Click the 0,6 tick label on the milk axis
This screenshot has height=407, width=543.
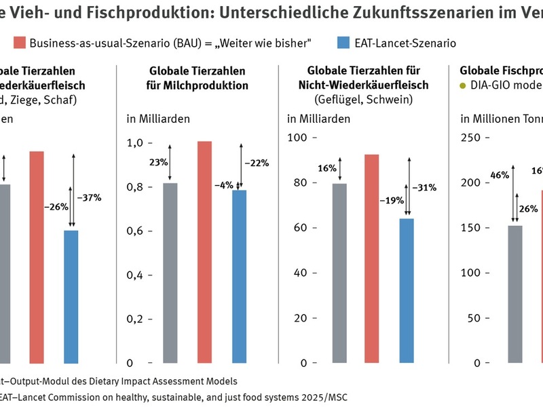click(136, 231)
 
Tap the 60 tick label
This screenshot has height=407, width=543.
click(299, 227)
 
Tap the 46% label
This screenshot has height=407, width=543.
click(500, 175)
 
